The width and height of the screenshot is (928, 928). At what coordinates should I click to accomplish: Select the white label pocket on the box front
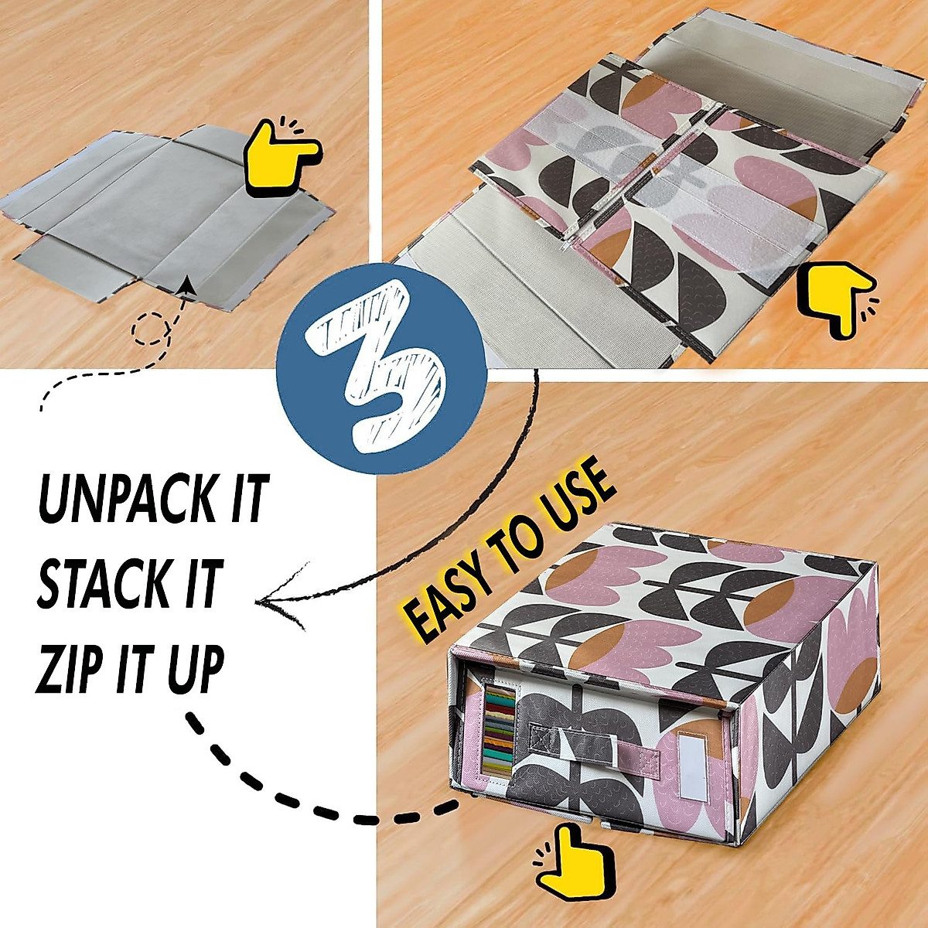tap(692, 766)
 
